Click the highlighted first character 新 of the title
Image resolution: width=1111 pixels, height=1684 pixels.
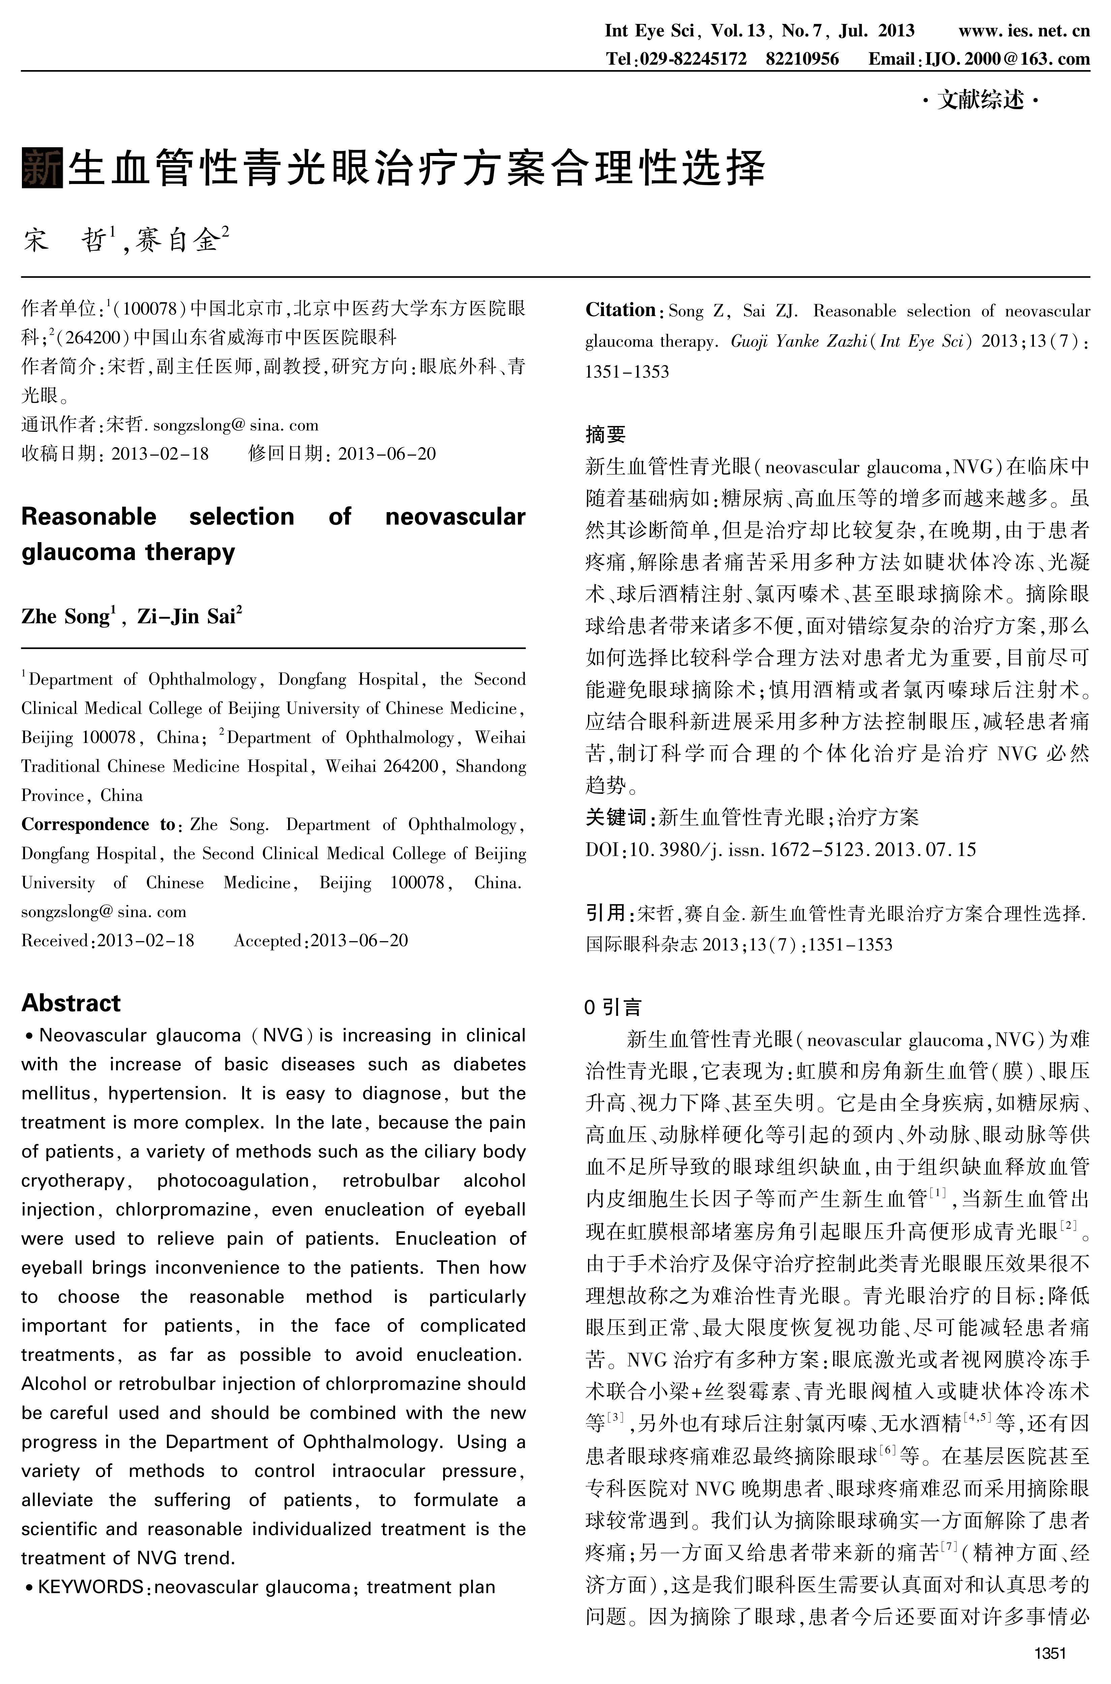point(42,168)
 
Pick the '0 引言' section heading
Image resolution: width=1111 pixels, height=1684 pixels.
point(613,1007)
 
